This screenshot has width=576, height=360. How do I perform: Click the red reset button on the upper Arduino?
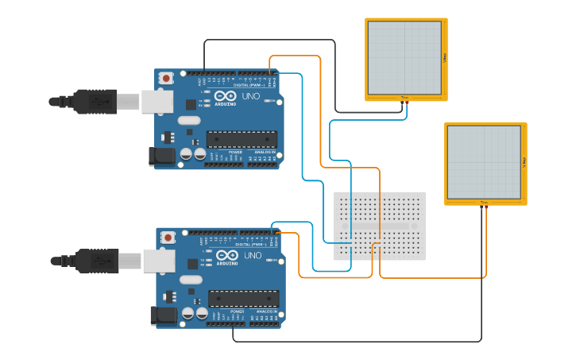(164, 78)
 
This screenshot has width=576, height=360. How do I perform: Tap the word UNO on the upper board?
(251, 96)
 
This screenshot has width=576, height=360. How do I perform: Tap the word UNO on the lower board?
(253, 255)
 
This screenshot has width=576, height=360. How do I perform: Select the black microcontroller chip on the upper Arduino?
(242, 139)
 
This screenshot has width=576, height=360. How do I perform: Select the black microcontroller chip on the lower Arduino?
(243, 298)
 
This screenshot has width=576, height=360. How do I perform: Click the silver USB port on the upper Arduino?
(157, 101)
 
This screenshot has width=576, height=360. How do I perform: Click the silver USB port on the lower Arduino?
(158, 260)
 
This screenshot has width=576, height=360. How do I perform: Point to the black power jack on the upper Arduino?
(163, 155)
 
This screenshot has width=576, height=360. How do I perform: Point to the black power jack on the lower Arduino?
(164, 315)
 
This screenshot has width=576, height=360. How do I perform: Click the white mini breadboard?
(379, 226)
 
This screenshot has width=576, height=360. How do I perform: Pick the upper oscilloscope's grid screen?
(404, 57)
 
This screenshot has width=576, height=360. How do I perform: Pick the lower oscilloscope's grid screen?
(484, 162)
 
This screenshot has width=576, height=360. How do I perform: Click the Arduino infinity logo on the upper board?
(225, 97)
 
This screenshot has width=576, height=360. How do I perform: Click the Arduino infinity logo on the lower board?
(226, 256)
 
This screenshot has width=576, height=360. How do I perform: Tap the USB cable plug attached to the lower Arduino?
(99, 260)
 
